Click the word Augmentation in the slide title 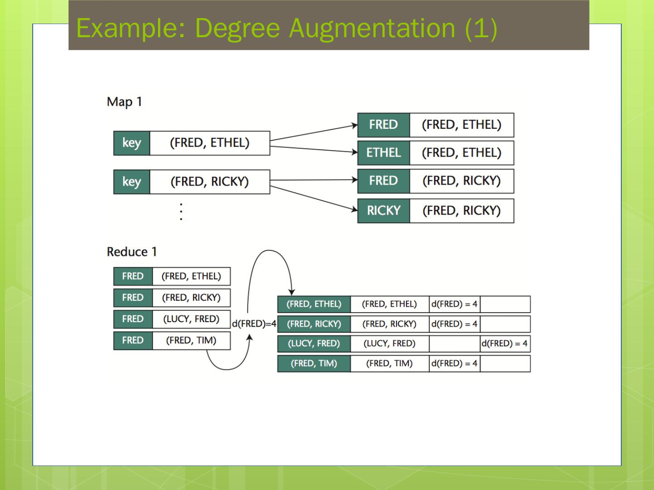point(372,28)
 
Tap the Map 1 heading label point(124,102)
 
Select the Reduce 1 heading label point(132,252)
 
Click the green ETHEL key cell point(383,153)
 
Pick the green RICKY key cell point(383,211)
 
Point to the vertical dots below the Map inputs point(181,212)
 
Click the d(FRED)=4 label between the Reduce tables point(254,323)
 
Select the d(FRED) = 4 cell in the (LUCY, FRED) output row point(505,343)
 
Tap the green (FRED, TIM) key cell point(314,363)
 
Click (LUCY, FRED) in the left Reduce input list point(191,319)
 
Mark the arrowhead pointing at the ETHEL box point(355,152)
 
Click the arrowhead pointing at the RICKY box point(354,209)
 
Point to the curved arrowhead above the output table point(292,292)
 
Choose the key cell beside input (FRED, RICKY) point(132,181)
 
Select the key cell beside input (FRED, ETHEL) point(132,143)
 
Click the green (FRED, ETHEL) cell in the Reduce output point(314,304)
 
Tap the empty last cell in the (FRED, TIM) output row point(505,363)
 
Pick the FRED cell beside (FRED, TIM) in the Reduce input point(133,340)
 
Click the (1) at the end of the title point(481,28)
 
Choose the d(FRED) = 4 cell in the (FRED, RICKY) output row point(454,324)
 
